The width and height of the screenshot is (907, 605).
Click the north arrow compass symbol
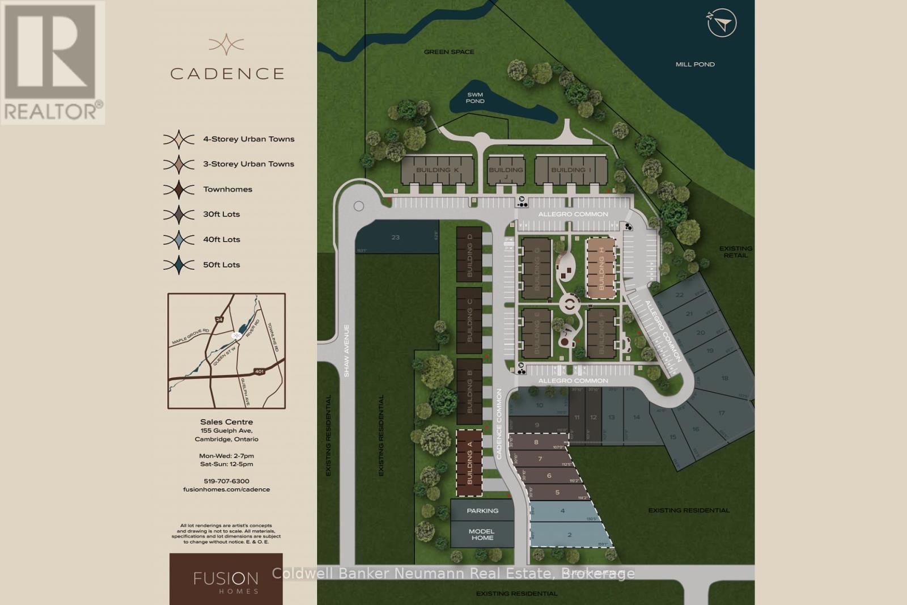tap(722, 23)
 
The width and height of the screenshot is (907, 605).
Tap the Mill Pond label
tap(695, 64)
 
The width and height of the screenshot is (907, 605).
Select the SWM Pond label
tap(475, 98)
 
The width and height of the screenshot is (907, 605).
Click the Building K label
tap(437, 170)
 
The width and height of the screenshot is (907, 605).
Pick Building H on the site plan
tap(601, 268)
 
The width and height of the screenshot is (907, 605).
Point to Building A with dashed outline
tap(469, 463)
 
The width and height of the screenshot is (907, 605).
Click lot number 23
tap(396, 237)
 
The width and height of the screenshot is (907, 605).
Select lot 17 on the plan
tap(721, 413)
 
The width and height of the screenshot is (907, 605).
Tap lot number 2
tap(569, 535)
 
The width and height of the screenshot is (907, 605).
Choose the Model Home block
tap(482, 534)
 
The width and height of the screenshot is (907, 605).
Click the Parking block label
tap(482, 510)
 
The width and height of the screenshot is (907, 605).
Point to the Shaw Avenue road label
tap(346, 350)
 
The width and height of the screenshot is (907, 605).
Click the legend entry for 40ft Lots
tap(222, 239)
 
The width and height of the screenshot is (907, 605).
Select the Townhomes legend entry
tap(227, 189)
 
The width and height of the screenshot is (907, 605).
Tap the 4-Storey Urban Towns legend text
tap(249, 139)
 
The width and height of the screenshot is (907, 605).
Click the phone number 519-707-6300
tap(226, 481)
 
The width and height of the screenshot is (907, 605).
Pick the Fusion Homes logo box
tap(226, 578)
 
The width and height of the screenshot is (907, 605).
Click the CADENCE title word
tap(227, 74)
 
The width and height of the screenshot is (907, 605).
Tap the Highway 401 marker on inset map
tap(259, 371)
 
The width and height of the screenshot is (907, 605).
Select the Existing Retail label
tap(735, 252)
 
